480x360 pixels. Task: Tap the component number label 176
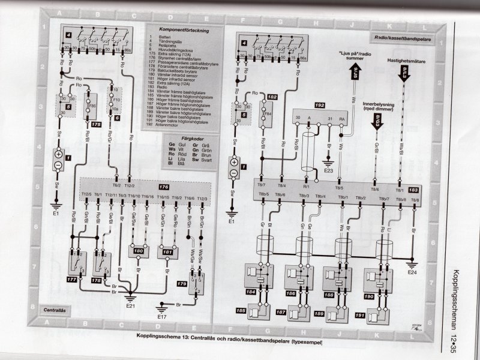coord(163,187)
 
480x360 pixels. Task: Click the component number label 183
coord(413,188)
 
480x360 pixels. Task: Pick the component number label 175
coord(96,124)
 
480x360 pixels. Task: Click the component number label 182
coord(272,97)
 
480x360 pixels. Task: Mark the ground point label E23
coord(328,170)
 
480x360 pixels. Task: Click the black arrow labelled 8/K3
coord(377,124)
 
